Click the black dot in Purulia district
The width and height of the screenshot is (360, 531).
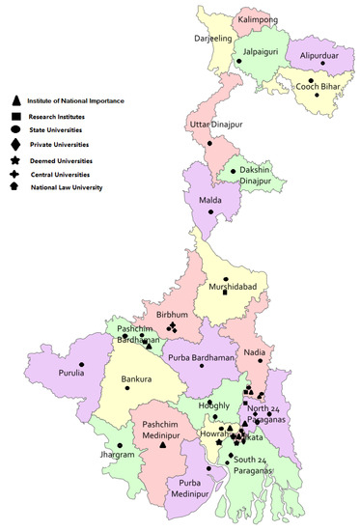coord(82,364)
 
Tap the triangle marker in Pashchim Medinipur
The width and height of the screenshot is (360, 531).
coord(163,445)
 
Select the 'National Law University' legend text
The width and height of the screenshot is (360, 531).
coord(67,187)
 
